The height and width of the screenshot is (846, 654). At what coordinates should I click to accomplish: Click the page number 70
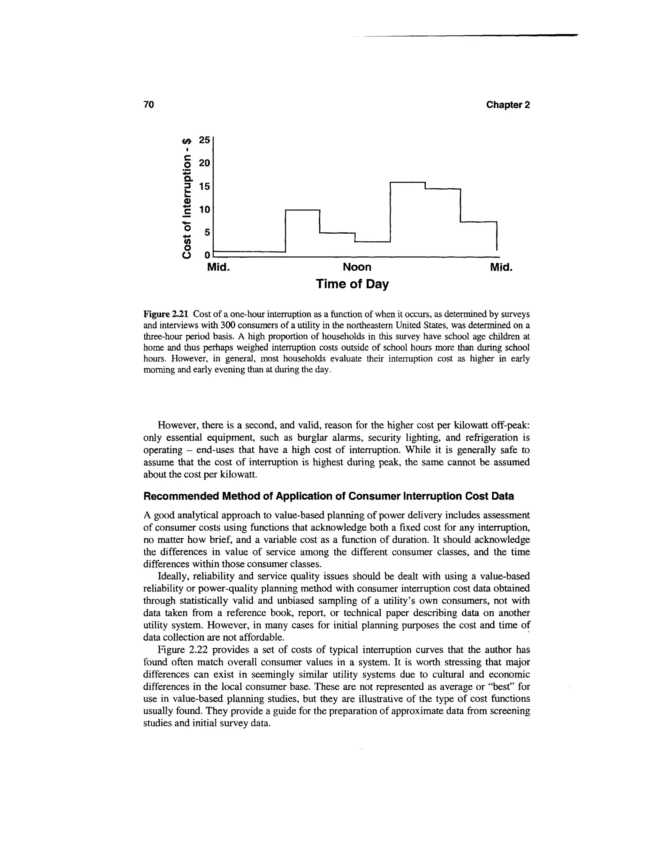[149, 105]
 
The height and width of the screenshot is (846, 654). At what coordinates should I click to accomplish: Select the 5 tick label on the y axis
[207, 232]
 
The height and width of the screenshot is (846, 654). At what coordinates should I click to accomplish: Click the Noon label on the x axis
[357, 267]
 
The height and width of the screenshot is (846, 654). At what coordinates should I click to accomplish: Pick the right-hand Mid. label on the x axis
[501, 267]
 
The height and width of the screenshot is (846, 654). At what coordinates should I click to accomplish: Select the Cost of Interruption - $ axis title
[187, 198]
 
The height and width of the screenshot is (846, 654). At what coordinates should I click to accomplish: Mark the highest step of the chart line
[407, 182]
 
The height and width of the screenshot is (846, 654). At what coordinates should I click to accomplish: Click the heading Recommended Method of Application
[329, 496]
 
